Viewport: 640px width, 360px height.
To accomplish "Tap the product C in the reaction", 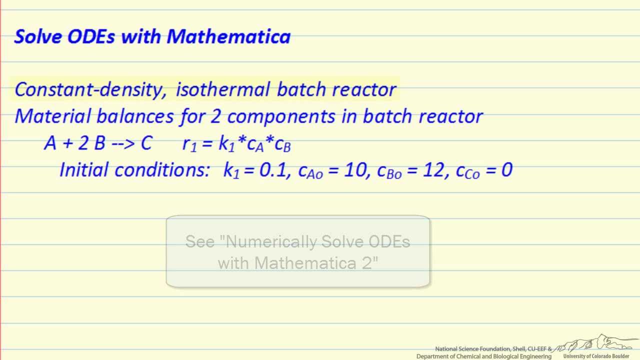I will coord(146,143).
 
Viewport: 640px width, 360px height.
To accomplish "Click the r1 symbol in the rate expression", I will coord(189,144).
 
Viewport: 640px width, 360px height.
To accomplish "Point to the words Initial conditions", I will coord(134,170).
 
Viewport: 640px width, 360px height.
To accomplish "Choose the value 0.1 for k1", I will coord(273,170).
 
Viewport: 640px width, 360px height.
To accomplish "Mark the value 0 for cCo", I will coord(506,170).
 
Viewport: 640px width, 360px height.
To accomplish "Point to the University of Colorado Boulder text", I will coord(596,356).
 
